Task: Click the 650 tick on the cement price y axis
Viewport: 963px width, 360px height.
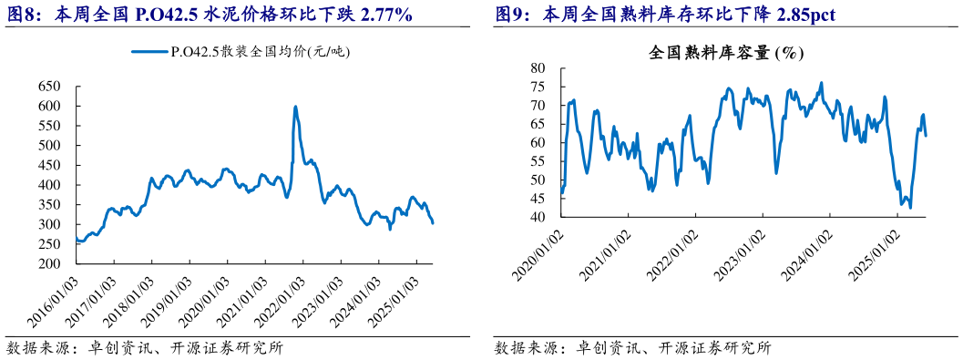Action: (x=49, y=87)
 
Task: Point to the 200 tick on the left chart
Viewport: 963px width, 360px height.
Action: (x=49, y=264)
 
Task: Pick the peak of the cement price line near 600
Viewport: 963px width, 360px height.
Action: (x=295, y=108)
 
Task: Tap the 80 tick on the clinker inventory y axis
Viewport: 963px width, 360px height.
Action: (x=538, y=68)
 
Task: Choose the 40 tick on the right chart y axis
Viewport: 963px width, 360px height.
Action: (x=538, y=217)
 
